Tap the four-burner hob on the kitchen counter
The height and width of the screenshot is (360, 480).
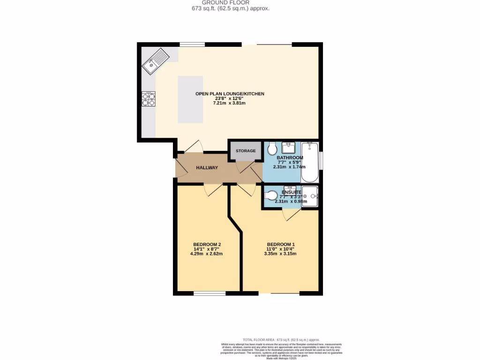(149, 99)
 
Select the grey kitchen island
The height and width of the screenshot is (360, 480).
(190, 99)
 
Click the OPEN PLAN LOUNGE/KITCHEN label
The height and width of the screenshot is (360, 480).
(230, 94)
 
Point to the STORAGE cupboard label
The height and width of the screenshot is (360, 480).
(246, 151)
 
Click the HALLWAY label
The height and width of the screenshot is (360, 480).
(207, 168)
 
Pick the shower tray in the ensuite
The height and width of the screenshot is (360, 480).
(310, 196)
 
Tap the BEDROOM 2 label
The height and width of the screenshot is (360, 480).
(207, 244)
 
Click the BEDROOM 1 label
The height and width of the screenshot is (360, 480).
(280, 244)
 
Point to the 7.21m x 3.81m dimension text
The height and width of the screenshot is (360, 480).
(230, 103)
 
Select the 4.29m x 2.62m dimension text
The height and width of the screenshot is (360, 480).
(207, 254)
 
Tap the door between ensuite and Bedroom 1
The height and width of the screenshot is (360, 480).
(291, 214)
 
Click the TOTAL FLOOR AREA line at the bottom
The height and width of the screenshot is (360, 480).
(281, 339)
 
